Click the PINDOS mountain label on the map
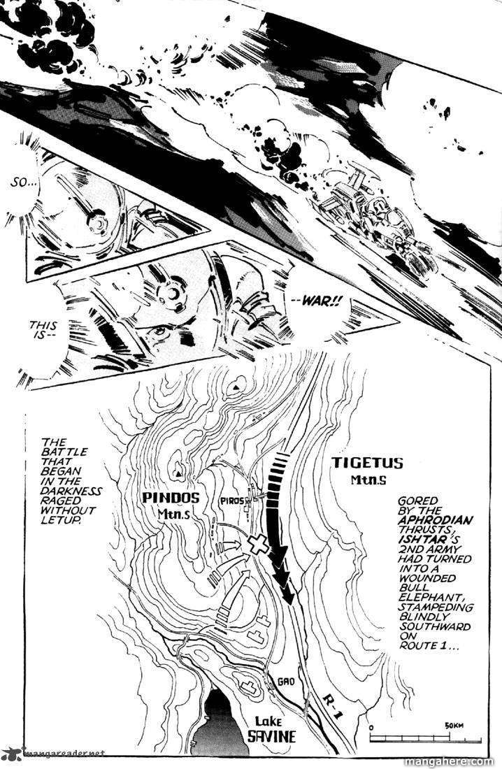[171, 497]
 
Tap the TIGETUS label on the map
[367, 463]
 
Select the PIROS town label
[232, 501]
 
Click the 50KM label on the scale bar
[454, 725]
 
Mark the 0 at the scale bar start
[372, 727]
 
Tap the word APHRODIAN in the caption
[436, 520]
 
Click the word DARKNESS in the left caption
[71, 491]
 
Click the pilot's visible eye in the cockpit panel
[160, 331]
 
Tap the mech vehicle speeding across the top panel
[373, 221]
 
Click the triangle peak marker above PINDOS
[178, 474]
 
